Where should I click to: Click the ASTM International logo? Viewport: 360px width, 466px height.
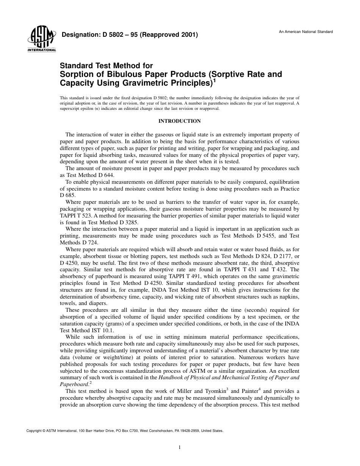pos(41,39)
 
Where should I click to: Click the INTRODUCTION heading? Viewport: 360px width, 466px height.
pos(179,121)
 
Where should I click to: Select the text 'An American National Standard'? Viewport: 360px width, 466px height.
pos(306,32)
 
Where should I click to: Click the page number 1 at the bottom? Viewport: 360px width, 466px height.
pos(180,447)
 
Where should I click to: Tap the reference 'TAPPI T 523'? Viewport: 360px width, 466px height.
pos(74,216)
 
